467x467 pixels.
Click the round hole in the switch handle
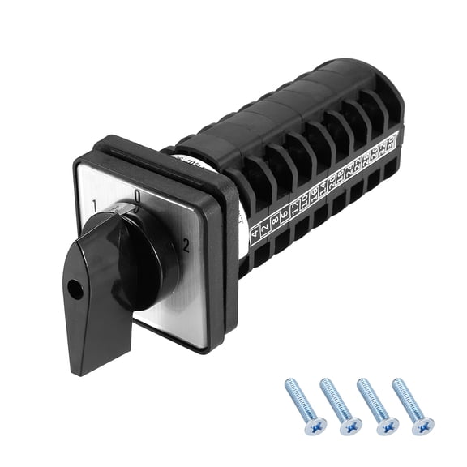tap(74, 286)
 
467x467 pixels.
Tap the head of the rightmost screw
tap(422, 424)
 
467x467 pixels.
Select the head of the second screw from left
tap(351, 424)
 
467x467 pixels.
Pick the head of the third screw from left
tap(387, 424)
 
